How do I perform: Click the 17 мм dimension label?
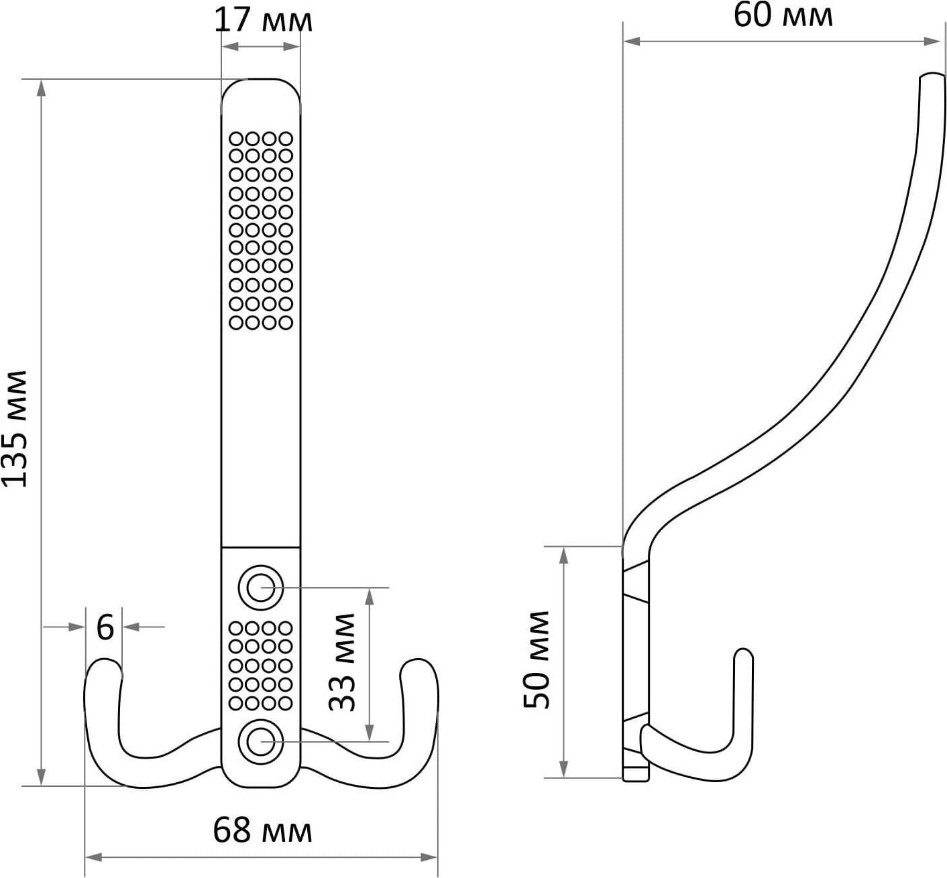pos(263,21)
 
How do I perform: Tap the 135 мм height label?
pos(15,429)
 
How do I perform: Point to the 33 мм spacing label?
pos(342,662)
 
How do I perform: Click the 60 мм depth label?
pos(783,15)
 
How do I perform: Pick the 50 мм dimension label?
pos(536,660)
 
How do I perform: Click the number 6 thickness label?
pos(105,627)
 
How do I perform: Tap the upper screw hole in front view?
pos(261,588)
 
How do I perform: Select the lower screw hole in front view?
pos(261,742)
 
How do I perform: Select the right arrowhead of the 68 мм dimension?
pos(429,857)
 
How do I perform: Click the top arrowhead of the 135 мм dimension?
pos(42,88)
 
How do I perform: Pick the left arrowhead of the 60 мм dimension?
pos(632,42)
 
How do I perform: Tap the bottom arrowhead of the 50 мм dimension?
pos(563,768)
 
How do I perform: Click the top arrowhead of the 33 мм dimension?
pos(370,597)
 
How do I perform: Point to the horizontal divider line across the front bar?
pos(261,547)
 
